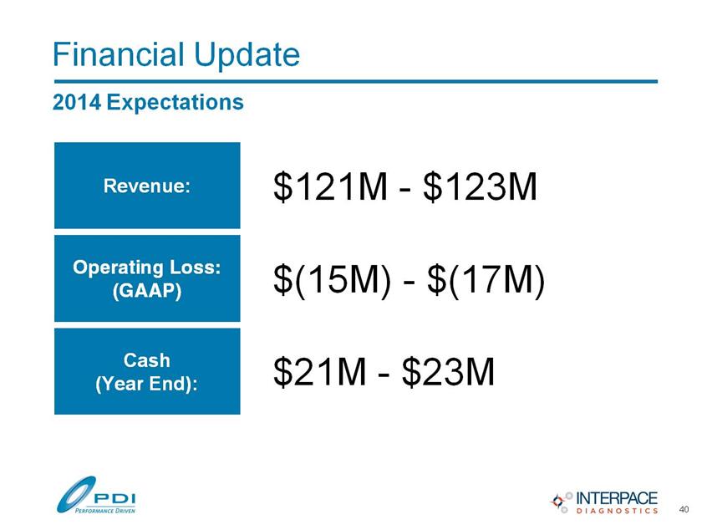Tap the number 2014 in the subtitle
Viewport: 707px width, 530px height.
coord(77,102)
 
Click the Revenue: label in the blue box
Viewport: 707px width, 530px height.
coord(147,186)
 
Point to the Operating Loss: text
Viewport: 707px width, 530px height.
coord(147,268)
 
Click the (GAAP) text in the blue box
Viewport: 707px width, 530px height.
coord(147,290)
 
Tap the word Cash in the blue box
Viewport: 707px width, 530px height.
coord(147,360)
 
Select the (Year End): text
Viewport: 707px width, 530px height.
coord(147,384)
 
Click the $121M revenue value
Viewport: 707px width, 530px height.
coord(330,186)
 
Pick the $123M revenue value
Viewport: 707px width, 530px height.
coord(481,186)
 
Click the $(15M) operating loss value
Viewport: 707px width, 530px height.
coord(333,280)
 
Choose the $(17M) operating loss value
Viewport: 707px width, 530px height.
coord(486,280)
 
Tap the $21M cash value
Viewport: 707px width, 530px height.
coord(320,372)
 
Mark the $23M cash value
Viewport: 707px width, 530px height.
coord(448,372)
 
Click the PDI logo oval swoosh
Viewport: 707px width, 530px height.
coord(76,495)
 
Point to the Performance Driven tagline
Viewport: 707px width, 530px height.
coord(104,511)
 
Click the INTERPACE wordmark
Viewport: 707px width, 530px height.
coord(617,498)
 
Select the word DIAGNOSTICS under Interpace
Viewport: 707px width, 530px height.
coord(617,511)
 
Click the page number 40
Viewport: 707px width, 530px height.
coord(684,509)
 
